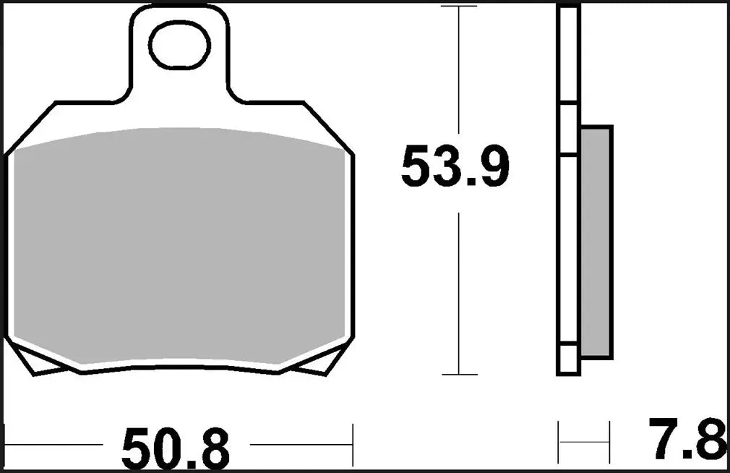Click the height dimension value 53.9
(455, 167)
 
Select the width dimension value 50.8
(175, 448)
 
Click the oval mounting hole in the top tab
(180, 45)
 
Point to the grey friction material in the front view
(179, 246)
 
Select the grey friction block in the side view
(596, 242)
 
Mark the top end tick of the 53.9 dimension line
(459, 7)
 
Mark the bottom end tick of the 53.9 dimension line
(459, 375)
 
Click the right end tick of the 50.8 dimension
(352, 445)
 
